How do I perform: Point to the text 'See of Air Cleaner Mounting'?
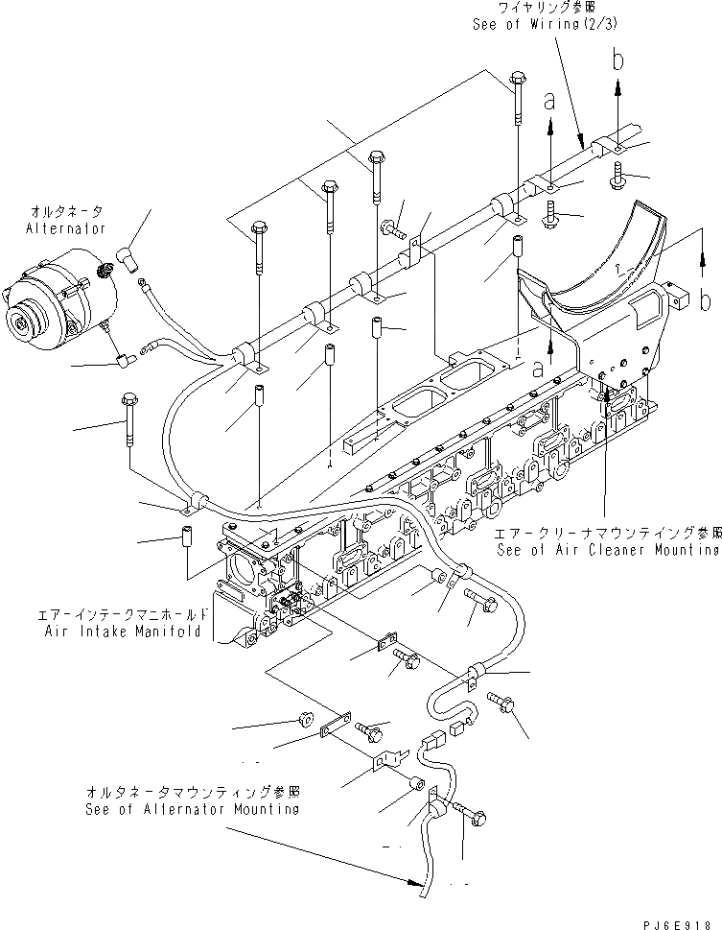click(608, 550)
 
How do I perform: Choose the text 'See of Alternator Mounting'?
click(191, 809)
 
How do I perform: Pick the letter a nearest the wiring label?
click(549, 99)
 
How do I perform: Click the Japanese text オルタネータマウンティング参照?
click(191, 793)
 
